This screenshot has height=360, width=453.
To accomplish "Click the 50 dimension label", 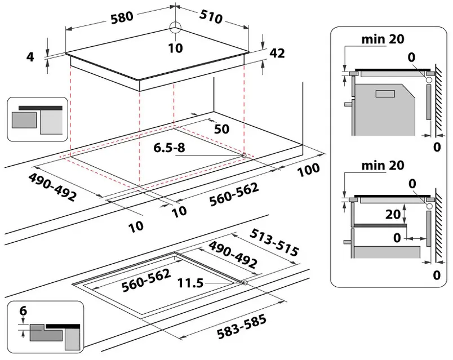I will (221, 128).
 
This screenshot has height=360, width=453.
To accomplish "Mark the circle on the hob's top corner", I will (175, 30).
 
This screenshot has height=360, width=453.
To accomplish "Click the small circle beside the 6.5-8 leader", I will (243, 155).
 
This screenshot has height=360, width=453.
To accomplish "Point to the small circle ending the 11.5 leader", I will (245, 282).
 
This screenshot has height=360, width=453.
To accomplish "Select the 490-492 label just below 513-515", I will (233, 255).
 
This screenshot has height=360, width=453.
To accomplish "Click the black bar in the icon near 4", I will (41, 107).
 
